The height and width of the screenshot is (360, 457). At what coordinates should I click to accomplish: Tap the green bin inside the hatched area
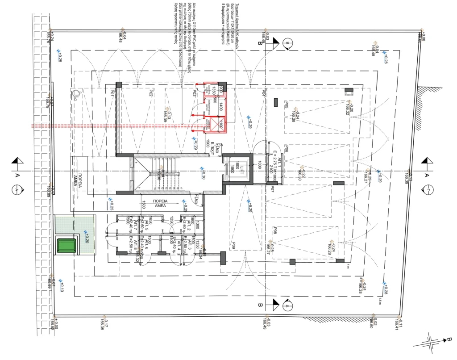[66, 245]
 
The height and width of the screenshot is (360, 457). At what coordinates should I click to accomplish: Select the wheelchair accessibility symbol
[76, 93]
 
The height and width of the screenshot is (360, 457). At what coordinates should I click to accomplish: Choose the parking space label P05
[286, 105]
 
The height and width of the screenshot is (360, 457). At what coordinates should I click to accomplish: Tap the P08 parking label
[275, 231]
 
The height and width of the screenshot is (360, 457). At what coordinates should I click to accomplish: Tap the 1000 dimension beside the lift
[259, 165]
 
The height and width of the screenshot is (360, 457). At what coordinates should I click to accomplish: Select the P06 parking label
[286, 149]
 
